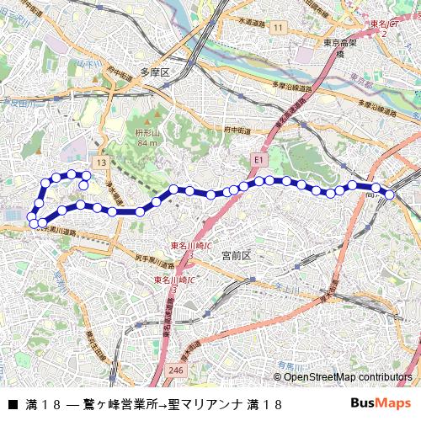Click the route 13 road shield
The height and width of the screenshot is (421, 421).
101,162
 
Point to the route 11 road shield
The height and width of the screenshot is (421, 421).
277,29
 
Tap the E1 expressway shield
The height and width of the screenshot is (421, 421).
258,157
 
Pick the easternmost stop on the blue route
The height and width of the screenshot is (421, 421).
390,195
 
